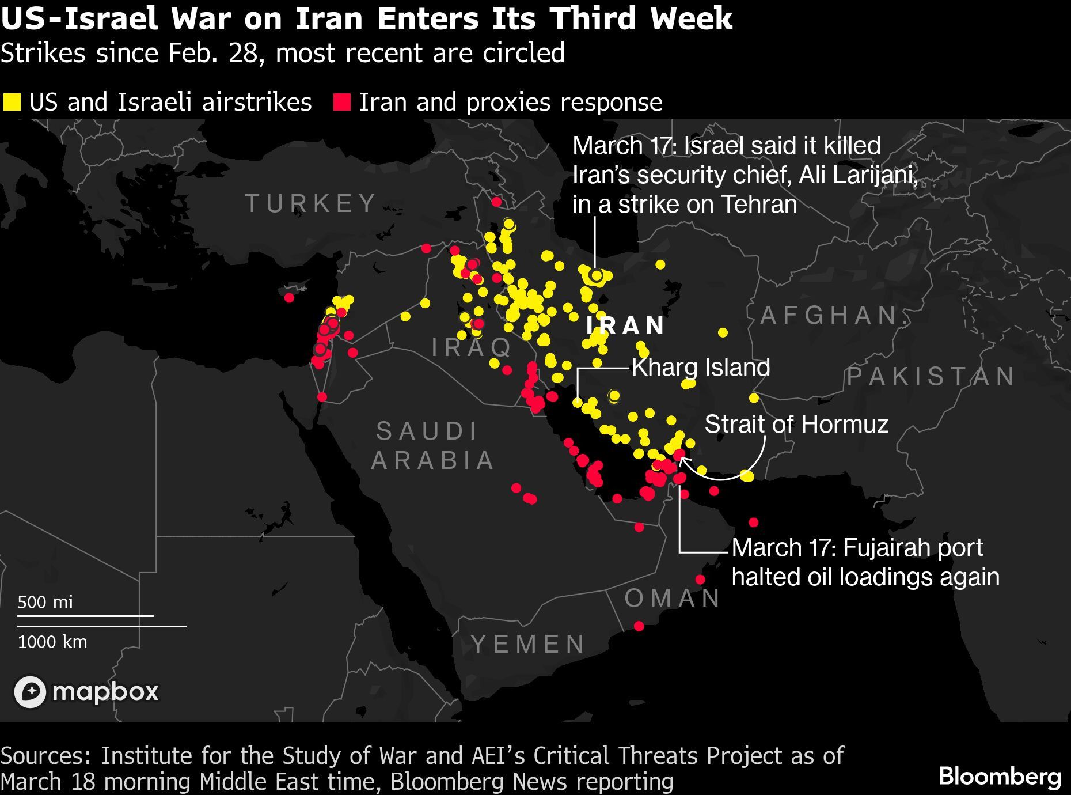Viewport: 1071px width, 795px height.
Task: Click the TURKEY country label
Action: click(x=311, y=203)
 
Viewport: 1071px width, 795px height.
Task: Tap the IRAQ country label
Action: click(x=472, y=347)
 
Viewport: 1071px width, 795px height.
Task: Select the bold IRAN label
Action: click(x=626, y=326)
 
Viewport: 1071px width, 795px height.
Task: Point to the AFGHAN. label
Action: click(x=829, y=315)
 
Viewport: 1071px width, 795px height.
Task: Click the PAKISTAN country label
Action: click(x=931, y=376)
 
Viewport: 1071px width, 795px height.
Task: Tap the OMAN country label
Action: click(x=672, y=598)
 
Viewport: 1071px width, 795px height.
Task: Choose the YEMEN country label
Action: click(x=528, y=644)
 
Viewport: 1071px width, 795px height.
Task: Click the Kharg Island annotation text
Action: click(x=701, y=368)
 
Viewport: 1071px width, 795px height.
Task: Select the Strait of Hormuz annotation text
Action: click(x=796, y=424)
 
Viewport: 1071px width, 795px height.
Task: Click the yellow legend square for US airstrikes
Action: click(x=12, y=103)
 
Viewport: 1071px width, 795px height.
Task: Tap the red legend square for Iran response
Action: click(x=342, y=103)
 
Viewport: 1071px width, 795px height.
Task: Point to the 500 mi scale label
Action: click(x=45, y=602)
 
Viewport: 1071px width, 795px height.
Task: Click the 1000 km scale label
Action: click(x=52, y=642)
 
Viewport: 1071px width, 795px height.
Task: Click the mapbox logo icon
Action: click(x=30, y=691)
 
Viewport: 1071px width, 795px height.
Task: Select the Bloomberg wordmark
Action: click(x=1000, y=776)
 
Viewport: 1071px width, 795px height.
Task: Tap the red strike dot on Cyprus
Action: click(x=289, y=297)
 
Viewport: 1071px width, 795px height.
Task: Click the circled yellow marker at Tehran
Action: click(x=597, y=276)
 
